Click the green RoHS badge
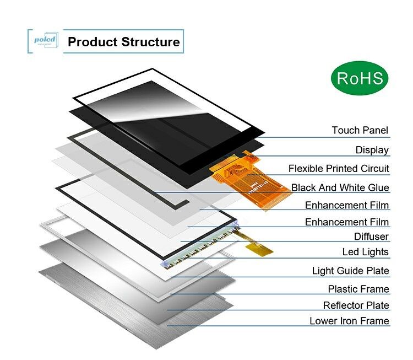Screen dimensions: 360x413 [x=360, y=78]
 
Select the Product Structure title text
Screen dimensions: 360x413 [x=123, y=42]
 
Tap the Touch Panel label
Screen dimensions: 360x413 [x=360, y=131]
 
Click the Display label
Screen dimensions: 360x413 [x=372, y=150]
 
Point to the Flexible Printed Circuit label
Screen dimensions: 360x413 [x=339, y=169]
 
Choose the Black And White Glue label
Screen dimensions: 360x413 [x=340, y=188]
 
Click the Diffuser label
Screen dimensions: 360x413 [x=371, y=237]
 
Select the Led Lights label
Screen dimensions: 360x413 [x=366, y=252]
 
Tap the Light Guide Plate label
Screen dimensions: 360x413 [x=350, y=271]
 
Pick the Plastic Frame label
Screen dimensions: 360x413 [x=358, y=289]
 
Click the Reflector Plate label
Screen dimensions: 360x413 [x=356, y=305]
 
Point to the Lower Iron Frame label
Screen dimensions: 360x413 [x=349, y=321]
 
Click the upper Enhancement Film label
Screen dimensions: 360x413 [x=347, y=206]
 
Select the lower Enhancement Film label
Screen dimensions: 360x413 [x=347, y=222]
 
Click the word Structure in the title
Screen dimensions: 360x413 [x=150, y=42]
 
